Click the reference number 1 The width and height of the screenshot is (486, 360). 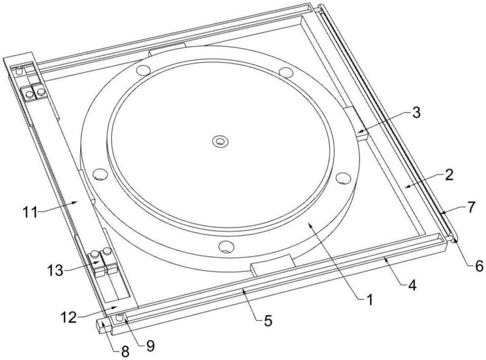369,300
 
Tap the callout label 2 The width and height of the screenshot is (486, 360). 449,175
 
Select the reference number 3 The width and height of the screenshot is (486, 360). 417,113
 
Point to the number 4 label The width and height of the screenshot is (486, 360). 412,285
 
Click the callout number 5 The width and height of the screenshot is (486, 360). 268,320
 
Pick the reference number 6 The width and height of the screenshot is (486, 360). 479,266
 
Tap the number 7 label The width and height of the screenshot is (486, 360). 471,207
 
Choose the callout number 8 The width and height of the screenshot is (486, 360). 125,352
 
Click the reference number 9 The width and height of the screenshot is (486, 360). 150,346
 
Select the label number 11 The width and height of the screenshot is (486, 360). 30,213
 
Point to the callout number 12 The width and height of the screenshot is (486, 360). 69,317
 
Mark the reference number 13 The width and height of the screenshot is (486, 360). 55,271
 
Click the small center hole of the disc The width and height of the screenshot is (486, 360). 220,142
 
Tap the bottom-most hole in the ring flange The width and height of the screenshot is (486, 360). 226,246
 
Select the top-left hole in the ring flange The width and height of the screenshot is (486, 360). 143,71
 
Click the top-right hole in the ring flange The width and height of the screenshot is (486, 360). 286,72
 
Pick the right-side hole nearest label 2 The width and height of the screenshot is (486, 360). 343,178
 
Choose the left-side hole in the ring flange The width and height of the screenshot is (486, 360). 100,175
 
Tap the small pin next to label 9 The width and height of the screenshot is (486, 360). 119,317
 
